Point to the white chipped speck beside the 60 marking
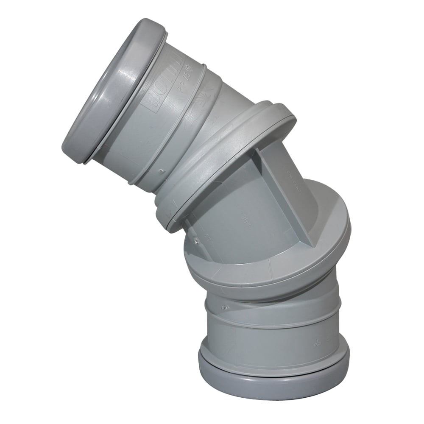click(196, 241)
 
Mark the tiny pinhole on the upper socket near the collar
click(162, 172)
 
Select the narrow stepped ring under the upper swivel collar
click(170, 212)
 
